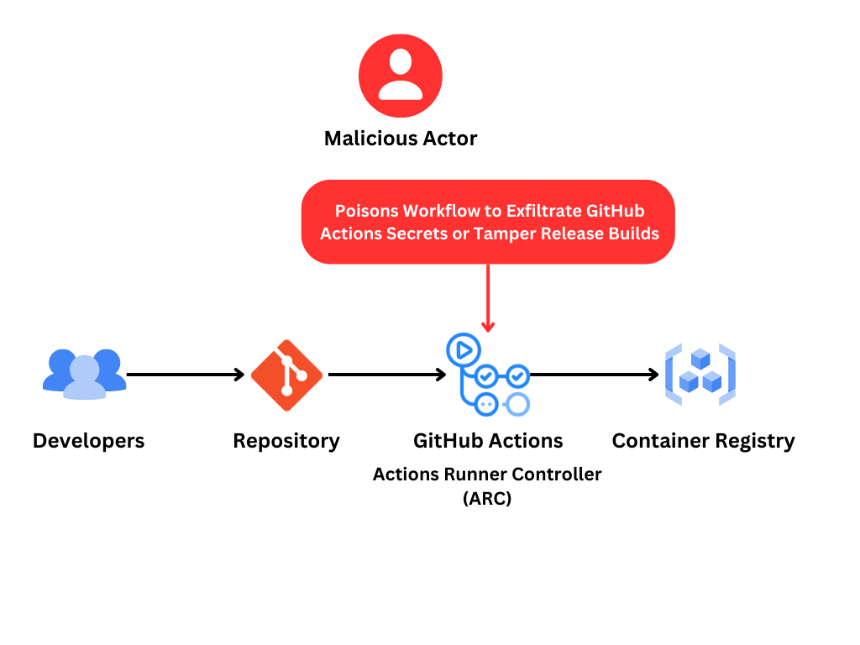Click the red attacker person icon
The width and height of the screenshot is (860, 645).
click(x=401, y=76)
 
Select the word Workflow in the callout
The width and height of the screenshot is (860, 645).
click(x=442, y=211)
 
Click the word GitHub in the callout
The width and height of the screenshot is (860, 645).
click(x=616, y=211)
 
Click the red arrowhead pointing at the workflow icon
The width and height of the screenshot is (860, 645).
click(x=488, y=327)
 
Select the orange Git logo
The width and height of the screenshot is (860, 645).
click(x=286, y=375)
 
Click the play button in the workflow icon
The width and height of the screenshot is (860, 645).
click(x=463, y=349)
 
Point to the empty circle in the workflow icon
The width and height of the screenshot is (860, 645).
click(x=519, y=404)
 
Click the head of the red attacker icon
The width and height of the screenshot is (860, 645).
click(x=401, y=61)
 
